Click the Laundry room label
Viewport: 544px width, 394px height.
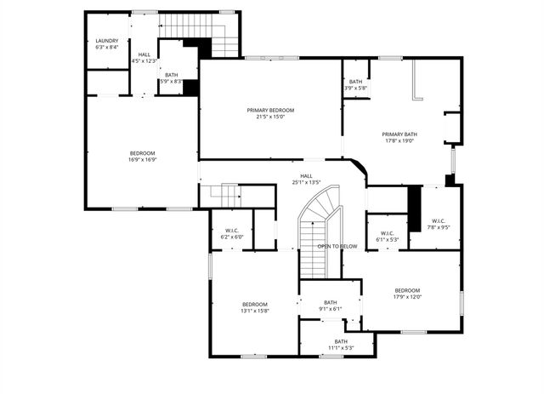(106, 41)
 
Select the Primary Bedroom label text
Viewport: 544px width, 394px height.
(270, 111)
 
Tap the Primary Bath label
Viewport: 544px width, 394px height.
(399, 134)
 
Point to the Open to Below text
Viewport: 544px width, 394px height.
(337, 246)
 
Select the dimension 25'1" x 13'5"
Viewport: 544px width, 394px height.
(305, 182)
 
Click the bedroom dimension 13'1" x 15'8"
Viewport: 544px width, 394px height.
(254, 311)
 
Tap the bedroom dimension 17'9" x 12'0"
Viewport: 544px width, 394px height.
(406, 297)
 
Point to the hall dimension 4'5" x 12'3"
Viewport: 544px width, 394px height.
(144, 61)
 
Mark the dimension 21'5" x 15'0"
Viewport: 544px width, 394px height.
(270, 117)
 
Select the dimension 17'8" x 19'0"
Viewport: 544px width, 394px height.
(399, 141)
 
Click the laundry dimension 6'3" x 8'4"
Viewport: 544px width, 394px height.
(106, 48)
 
